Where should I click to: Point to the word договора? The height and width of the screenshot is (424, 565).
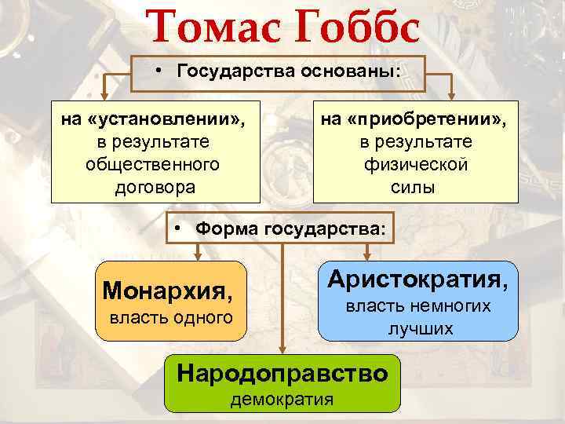point(155,188)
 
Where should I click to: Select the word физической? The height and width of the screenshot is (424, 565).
point(416,166)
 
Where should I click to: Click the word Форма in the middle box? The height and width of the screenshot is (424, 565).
point(225,229)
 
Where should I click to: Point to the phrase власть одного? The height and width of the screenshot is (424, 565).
point(170,317)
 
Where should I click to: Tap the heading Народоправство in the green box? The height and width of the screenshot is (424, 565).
point(282,373)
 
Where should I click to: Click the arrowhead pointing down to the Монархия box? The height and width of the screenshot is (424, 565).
point(197,255)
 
